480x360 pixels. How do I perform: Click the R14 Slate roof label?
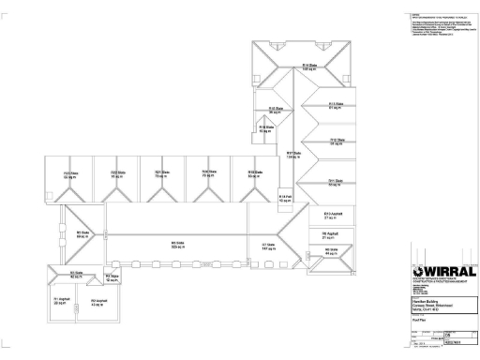pos(307,66)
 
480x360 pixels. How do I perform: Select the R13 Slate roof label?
pos(334,105)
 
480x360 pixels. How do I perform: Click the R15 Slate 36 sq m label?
pos(276,110)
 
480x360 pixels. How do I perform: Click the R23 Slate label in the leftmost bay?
pos(69,174)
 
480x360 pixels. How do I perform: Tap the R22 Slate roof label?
pos(118,174)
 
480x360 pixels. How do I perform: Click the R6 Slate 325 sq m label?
pos(176,246)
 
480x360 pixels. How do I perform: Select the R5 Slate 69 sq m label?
pos(82,234)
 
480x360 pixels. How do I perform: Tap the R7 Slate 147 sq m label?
pos(267,247)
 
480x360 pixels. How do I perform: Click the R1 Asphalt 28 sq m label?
pos(59,303)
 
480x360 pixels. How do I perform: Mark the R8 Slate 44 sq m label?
pos(330,250)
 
